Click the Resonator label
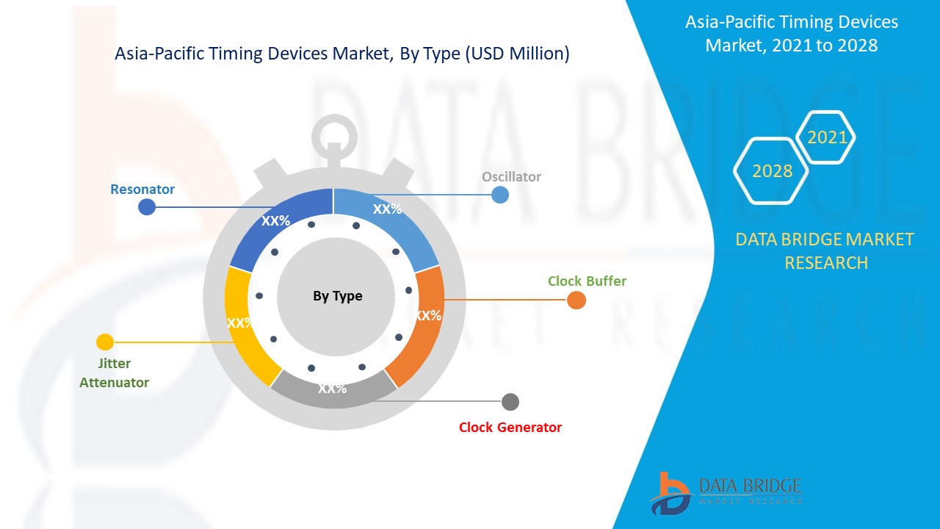142,190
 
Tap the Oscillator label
511,177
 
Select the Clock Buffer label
587,281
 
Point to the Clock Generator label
510,428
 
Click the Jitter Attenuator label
114,373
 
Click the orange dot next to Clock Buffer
576,301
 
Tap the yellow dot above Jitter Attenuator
105,342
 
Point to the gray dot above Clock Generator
510,402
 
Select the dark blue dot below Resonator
147,207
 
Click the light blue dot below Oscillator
500,195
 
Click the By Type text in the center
338,297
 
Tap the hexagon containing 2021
826,137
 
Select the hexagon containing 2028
771,170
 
